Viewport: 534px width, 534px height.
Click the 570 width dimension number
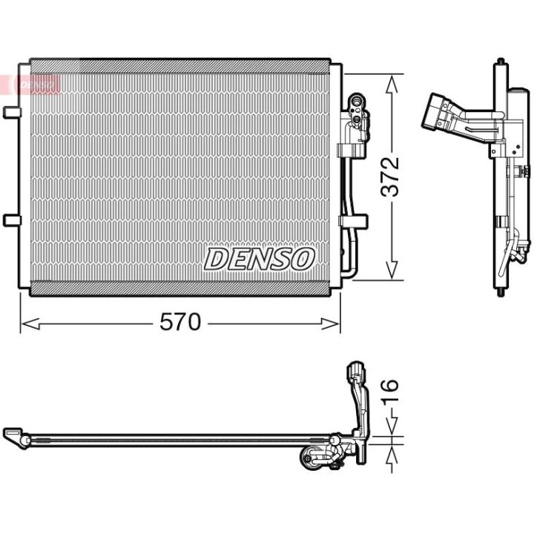point(180,322)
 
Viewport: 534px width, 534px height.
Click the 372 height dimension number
point(390,177)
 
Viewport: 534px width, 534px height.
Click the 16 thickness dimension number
point(390,392)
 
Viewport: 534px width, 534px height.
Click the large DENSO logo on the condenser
point(259,259)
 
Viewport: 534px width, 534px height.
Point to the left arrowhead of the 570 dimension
point(30,323)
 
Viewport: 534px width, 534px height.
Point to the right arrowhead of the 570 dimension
point(331,323)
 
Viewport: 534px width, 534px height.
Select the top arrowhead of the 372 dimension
point(392,84)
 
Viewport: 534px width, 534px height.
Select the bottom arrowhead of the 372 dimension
point(392,271)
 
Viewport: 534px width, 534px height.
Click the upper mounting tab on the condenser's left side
point(12,113)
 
